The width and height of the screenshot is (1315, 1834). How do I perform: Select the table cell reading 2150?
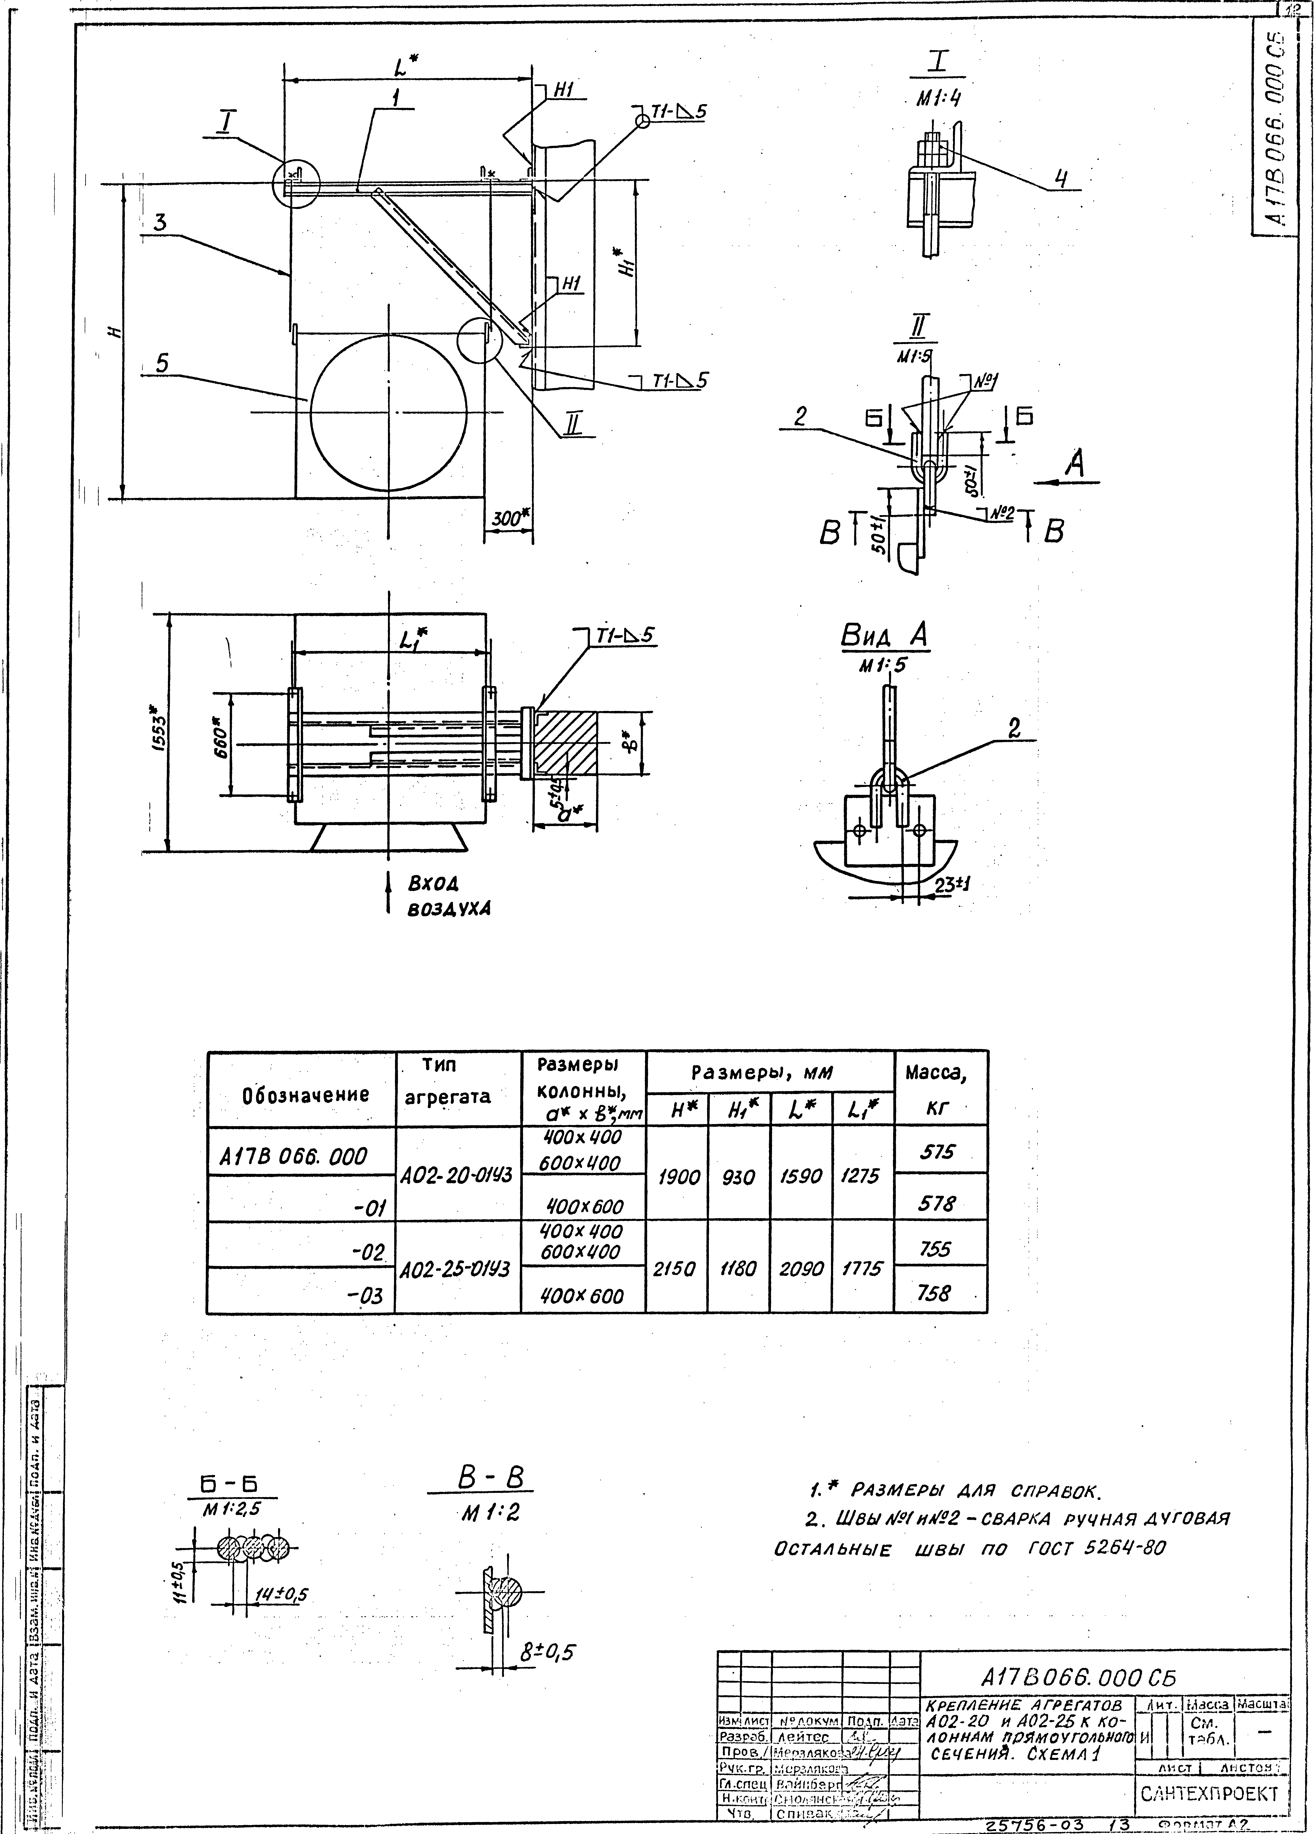675,1270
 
